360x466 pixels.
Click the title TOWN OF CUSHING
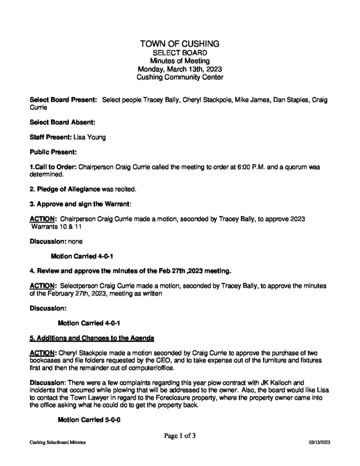coord(180,44)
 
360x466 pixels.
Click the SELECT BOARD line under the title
coord(180,53)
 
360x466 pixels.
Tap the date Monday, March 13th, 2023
coord(180,70)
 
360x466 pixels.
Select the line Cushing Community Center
coord(180,78)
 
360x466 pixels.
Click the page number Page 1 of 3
coord(180,436)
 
